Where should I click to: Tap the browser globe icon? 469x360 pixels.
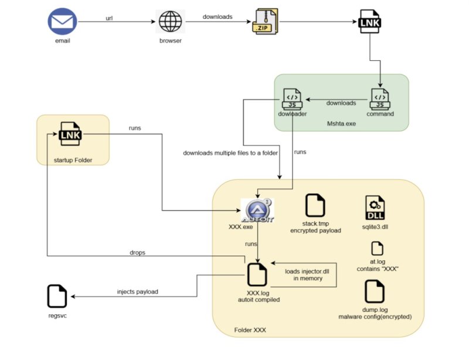click(170, 23)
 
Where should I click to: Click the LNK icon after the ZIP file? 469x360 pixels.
click(370, 23)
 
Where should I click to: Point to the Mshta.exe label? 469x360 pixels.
click(341, 124)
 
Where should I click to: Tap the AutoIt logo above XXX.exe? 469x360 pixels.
click(256, 210)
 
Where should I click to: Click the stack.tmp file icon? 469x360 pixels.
click(315, 206)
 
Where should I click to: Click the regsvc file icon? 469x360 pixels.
click(57, 297)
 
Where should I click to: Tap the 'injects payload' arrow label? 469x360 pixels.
click(138, 291)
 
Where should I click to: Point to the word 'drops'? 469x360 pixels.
click(138, 252)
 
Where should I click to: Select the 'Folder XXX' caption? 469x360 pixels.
click(250, 330)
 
